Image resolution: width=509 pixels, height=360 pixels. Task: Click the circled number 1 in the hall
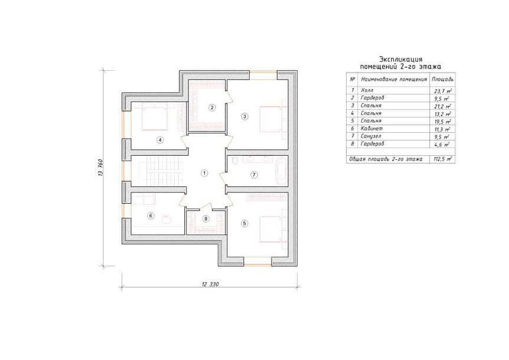pos(204,173)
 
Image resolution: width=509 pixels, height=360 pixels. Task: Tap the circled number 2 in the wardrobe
pos(212,107)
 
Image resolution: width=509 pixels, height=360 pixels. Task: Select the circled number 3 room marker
pos(245,116)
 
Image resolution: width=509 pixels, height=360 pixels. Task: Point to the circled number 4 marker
pos(159,140)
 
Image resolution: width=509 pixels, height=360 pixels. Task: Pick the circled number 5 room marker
pos(245,223)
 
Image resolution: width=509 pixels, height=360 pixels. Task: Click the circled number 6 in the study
pos(151,215)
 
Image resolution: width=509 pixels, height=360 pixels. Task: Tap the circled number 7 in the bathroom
pos(254,175)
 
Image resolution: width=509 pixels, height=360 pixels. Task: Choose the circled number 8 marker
pos(206,218)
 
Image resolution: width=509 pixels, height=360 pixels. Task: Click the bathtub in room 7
pos(281,171)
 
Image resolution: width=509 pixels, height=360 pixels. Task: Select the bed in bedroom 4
pos(155,117)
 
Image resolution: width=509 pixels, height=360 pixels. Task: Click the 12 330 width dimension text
pos(210,284)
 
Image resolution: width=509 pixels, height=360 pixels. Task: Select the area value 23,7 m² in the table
pos(443,91)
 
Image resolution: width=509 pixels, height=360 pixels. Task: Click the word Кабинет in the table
pos(371,129)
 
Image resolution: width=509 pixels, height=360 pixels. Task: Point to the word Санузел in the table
pos(371,136)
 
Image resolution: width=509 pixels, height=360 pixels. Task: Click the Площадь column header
pos(442,79)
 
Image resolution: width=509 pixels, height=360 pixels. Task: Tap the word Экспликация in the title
pos(401,60)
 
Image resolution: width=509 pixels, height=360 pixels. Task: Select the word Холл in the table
pos(367,90)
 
